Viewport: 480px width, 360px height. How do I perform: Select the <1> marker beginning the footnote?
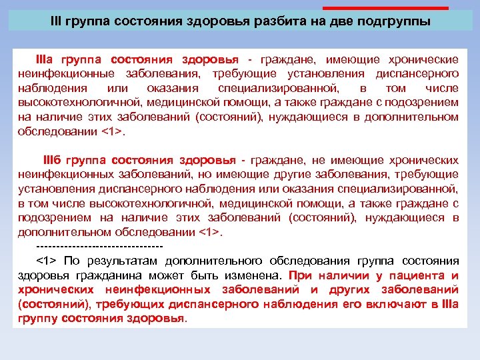[46, 260]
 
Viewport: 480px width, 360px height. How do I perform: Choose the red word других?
[354, 289]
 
